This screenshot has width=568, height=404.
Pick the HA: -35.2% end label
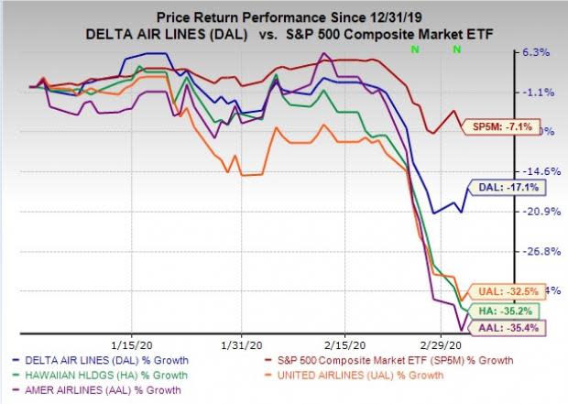[x=495, y=311]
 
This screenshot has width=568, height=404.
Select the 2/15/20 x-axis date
[x=345, y=348]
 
